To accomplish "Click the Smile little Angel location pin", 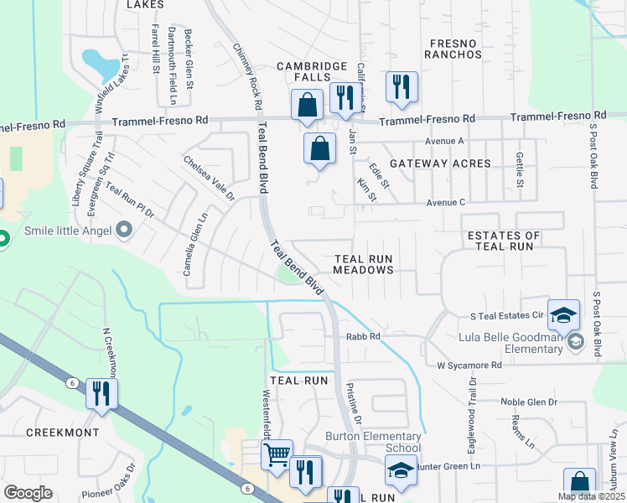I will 125,229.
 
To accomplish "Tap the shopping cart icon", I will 277,455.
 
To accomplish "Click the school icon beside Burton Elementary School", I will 401,471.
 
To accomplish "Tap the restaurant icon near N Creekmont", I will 101,394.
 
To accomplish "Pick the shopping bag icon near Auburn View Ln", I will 579,484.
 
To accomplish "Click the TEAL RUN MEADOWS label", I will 363,265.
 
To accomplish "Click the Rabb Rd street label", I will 363,337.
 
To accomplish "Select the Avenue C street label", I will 445,202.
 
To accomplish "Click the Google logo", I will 28,493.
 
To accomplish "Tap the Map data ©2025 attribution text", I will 590,496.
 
